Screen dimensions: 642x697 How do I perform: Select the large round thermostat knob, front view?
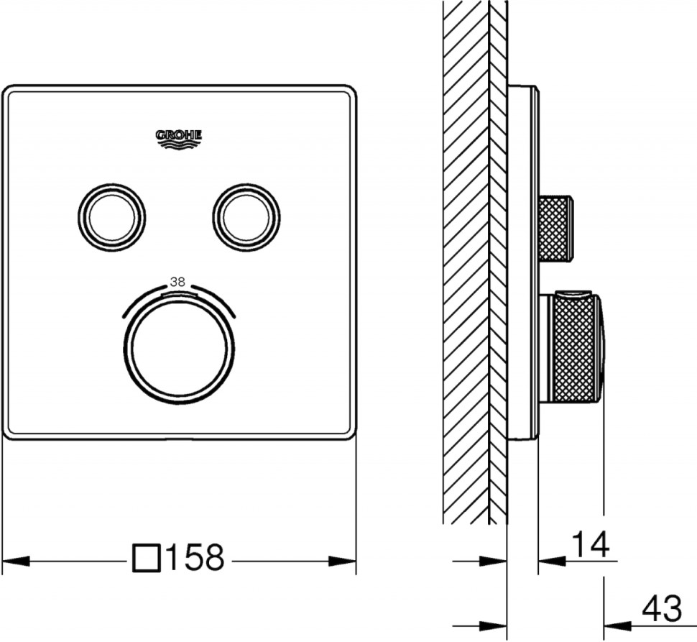coord(179,349)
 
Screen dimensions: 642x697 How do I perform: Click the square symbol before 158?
coord(147,557)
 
